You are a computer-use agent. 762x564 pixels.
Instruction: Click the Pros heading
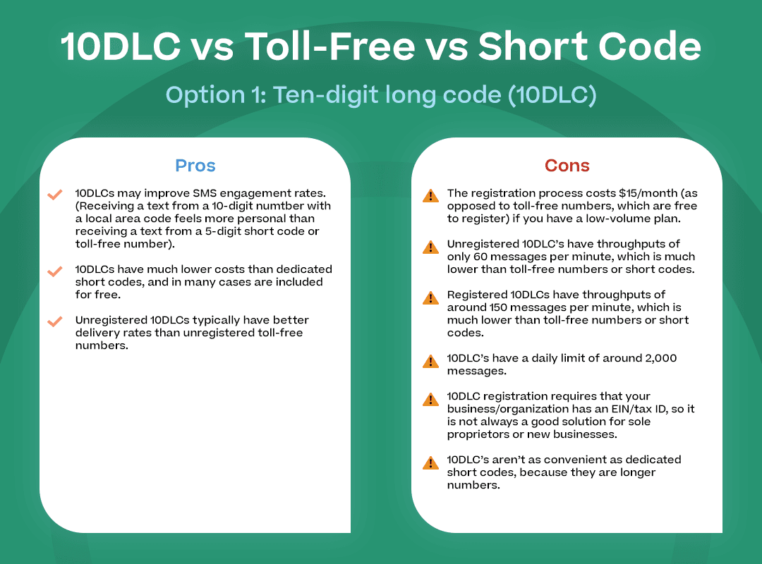(x=195, y=166)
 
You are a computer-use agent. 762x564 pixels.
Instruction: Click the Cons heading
(x=567, y=166)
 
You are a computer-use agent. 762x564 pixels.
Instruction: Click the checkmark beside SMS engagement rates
(x=54, y=195)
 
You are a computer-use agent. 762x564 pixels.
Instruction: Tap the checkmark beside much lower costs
(x=54, y=271)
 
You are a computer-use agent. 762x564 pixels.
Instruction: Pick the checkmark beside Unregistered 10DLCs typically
(x=54, y=321)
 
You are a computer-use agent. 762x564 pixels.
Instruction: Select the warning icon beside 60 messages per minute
(x=430, y=247)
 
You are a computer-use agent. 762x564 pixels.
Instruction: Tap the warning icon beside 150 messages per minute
(x=430, y=298)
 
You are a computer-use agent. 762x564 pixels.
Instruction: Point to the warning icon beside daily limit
(x=430, y=361)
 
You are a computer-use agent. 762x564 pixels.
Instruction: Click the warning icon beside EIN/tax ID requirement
(x=430, y=399)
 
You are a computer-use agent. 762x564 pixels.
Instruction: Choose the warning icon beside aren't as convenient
(x=430, y=462)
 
